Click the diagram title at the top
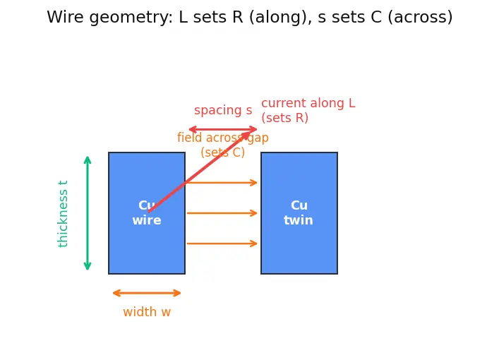point(250,17)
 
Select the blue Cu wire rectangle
point(147,213)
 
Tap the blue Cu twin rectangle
point(299,213)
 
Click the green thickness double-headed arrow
point(88,213)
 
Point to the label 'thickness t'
point(63,214)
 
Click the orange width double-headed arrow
point(147,293)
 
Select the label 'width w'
point(147,312)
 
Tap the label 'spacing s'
point(223,110)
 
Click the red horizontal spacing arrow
point(223,130)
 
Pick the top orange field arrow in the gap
point(222,183)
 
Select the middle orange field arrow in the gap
point(222,213)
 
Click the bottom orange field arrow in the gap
point(222,244)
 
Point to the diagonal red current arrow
point(199,172)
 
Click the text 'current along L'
point(308,103)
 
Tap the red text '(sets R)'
point(285,118)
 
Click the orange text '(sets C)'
point(223,152)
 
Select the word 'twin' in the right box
point(299,220)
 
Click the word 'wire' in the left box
point(147,220)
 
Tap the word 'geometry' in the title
point(131,18)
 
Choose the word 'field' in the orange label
point(190,138)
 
